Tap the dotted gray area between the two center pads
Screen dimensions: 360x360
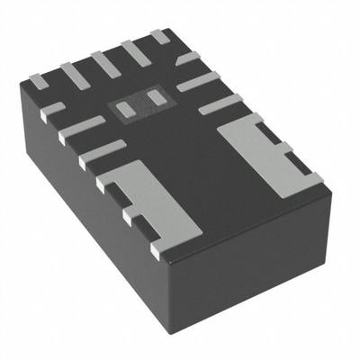pyautogui.click(x=140, y=102)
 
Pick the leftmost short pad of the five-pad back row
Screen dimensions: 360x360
pyautogui.click(x=41, y=80)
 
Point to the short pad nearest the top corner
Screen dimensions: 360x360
pyautogui.click(x=158, y=36)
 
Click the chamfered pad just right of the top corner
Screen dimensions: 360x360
pyautogui.click(x=188, y=59)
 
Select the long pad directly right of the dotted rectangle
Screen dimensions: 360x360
pyautogui.click(x=197, y=82)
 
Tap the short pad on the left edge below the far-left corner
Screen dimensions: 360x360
pyautogui.click(x=53, y=110)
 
